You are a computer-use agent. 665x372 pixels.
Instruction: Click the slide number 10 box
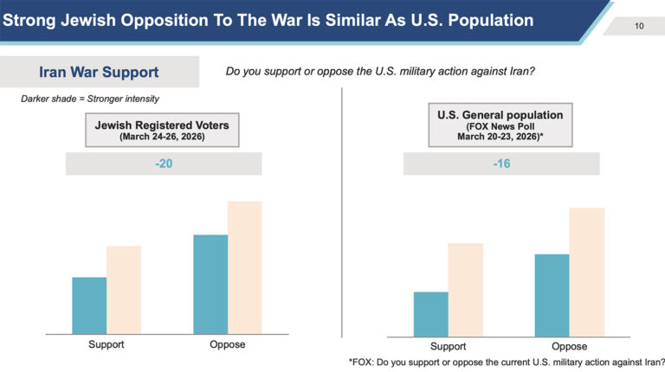pyautogui.click(x=638, y=26)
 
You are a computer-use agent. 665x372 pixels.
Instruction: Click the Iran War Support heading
pyautogui.click(x=100, y=72)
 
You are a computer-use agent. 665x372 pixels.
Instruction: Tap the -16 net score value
pyautogui.click(x=502, y=163)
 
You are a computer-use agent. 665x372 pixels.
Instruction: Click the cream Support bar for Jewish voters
pyautogui.click(x=124, y=289)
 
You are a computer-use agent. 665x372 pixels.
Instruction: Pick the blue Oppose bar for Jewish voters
pyautogui.click(x=210, y=284)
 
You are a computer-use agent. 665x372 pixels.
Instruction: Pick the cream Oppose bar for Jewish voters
pyautogui.click(x=244, y=266)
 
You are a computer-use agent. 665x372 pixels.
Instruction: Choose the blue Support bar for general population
pyautogui.click(x=431, y=313)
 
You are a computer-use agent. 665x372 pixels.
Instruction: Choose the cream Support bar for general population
pyautogui.click(x=465, y=289)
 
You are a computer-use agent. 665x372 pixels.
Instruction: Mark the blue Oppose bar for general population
pyautogui.click(x=552, y=294)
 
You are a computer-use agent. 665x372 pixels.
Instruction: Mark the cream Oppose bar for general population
pyautogui.click(x=586, y=271)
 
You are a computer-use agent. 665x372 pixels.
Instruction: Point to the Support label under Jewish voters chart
pyautogui.click(x=107, y=344)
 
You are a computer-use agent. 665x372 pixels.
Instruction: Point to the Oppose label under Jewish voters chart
pyautogui.click(x=228, y=344)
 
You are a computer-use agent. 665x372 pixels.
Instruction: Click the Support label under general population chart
pyautogui.click(x=449, y=347)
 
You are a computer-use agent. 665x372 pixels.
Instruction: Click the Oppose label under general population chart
pyautogui.click(x=570, y=347)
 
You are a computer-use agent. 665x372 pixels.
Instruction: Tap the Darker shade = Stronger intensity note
pyautogui.click(x=90, y=99)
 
